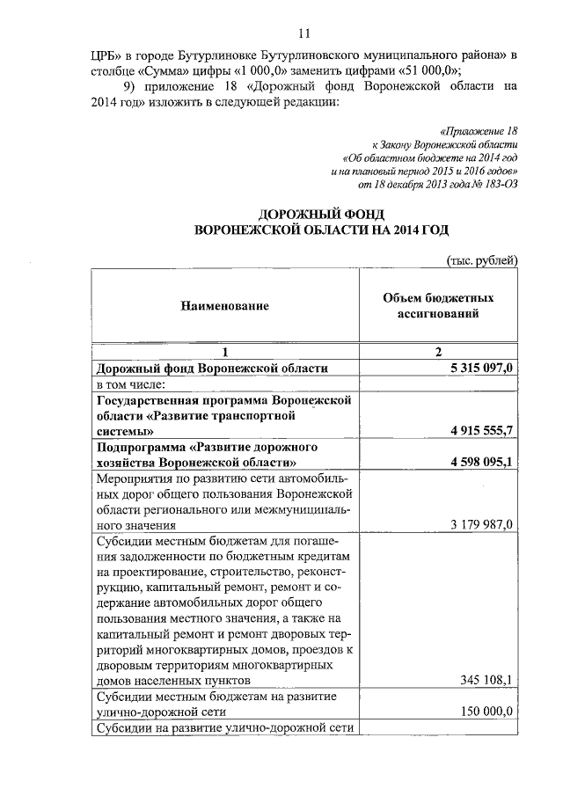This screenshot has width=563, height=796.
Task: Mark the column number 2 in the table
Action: click(437, 351)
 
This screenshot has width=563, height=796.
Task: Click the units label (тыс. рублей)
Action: click(483, 259)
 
